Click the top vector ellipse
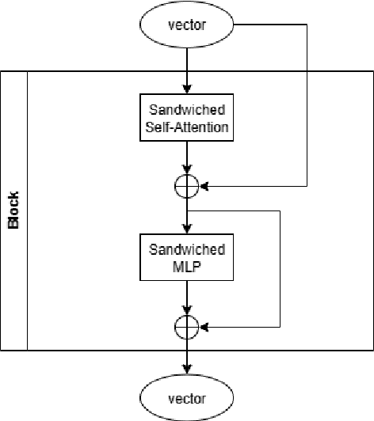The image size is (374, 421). tap(187, 24)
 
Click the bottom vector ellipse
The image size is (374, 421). tap(187, 397)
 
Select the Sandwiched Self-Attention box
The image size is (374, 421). tap(187, 119)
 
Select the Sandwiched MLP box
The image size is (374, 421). tap(187, 257)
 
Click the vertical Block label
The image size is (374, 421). tap(13, 210)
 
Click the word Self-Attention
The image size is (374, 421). tap(187, 127)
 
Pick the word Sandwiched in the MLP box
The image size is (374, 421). tap(187, 249)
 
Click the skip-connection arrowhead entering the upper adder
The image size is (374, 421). tap(204, 188)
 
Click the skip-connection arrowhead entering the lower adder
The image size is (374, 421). tap(204, 326)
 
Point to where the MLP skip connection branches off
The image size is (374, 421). tap(187, 211)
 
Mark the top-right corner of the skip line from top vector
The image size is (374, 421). tap(307, 24)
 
